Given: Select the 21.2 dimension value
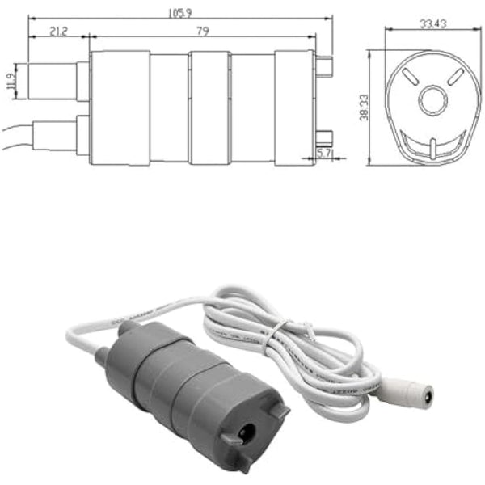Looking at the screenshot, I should pyautogui.click(x=57, y=31).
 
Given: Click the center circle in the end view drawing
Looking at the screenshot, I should pyautogui.click(x=432, y=100).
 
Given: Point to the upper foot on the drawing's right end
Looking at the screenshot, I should pyautogui.click(x=325, y=63).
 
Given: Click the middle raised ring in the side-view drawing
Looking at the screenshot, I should pyautogui.click(x=210, y=108).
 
